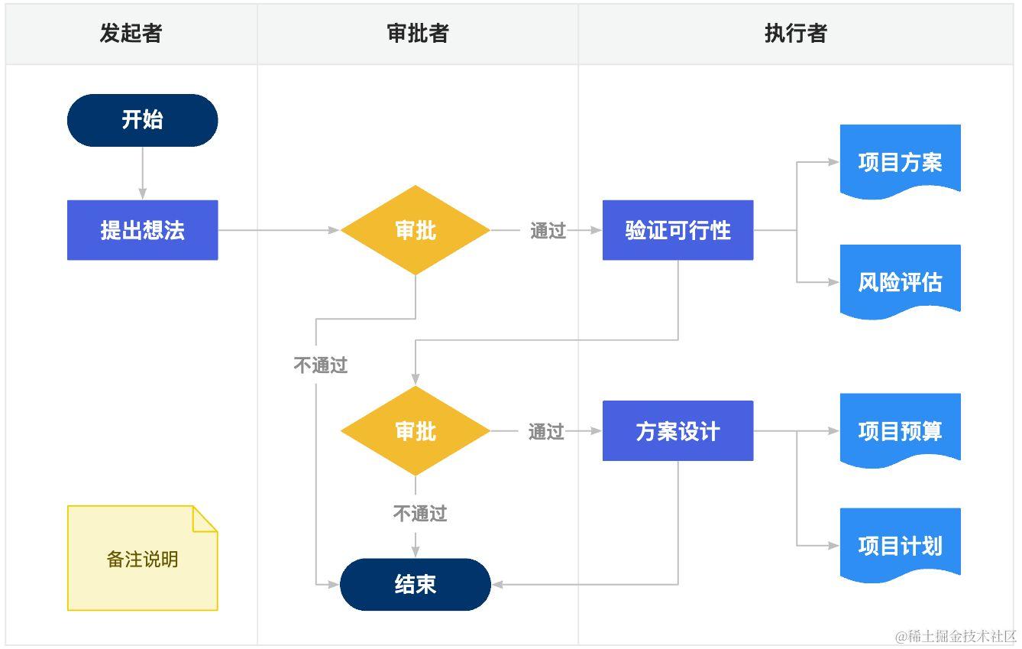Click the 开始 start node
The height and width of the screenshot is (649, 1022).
coord(142,120)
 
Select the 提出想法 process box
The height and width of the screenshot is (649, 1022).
coord(142,230)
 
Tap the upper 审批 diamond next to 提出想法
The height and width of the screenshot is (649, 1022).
coord(416,230)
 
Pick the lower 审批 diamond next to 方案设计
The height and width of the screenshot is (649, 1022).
coord(416,431)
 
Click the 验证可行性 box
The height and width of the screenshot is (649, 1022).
coord(678,230)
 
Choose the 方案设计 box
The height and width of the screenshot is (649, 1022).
coord(678,431)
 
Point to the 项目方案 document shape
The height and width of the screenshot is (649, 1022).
coord(900,162)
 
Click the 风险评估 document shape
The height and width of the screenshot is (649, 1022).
coord(900,282)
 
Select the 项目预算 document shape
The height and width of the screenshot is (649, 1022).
coord(900,431)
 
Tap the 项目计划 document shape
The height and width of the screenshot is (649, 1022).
coord(900,546)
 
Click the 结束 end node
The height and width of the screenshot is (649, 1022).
coord(416,585)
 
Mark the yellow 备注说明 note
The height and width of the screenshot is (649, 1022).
coord(142,559)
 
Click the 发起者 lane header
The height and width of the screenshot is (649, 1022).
coord(131,34)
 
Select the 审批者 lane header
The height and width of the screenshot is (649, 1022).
coord(418,34)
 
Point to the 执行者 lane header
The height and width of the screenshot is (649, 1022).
coord(795,34)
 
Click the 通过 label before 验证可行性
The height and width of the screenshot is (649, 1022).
coord(548,230)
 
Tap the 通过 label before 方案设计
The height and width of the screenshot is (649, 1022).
coord(546,431)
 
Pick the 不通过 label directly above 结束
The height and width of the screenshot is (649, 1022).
coord(419,513)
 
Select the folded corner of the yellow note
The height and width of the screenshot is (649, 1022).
coord(203,518)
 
